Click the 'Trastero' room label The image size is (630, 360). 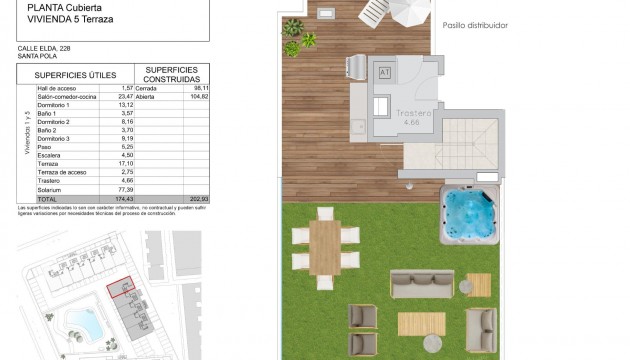[412, 113]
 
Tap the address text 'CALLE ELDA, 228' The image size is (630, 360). [43, 48]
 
